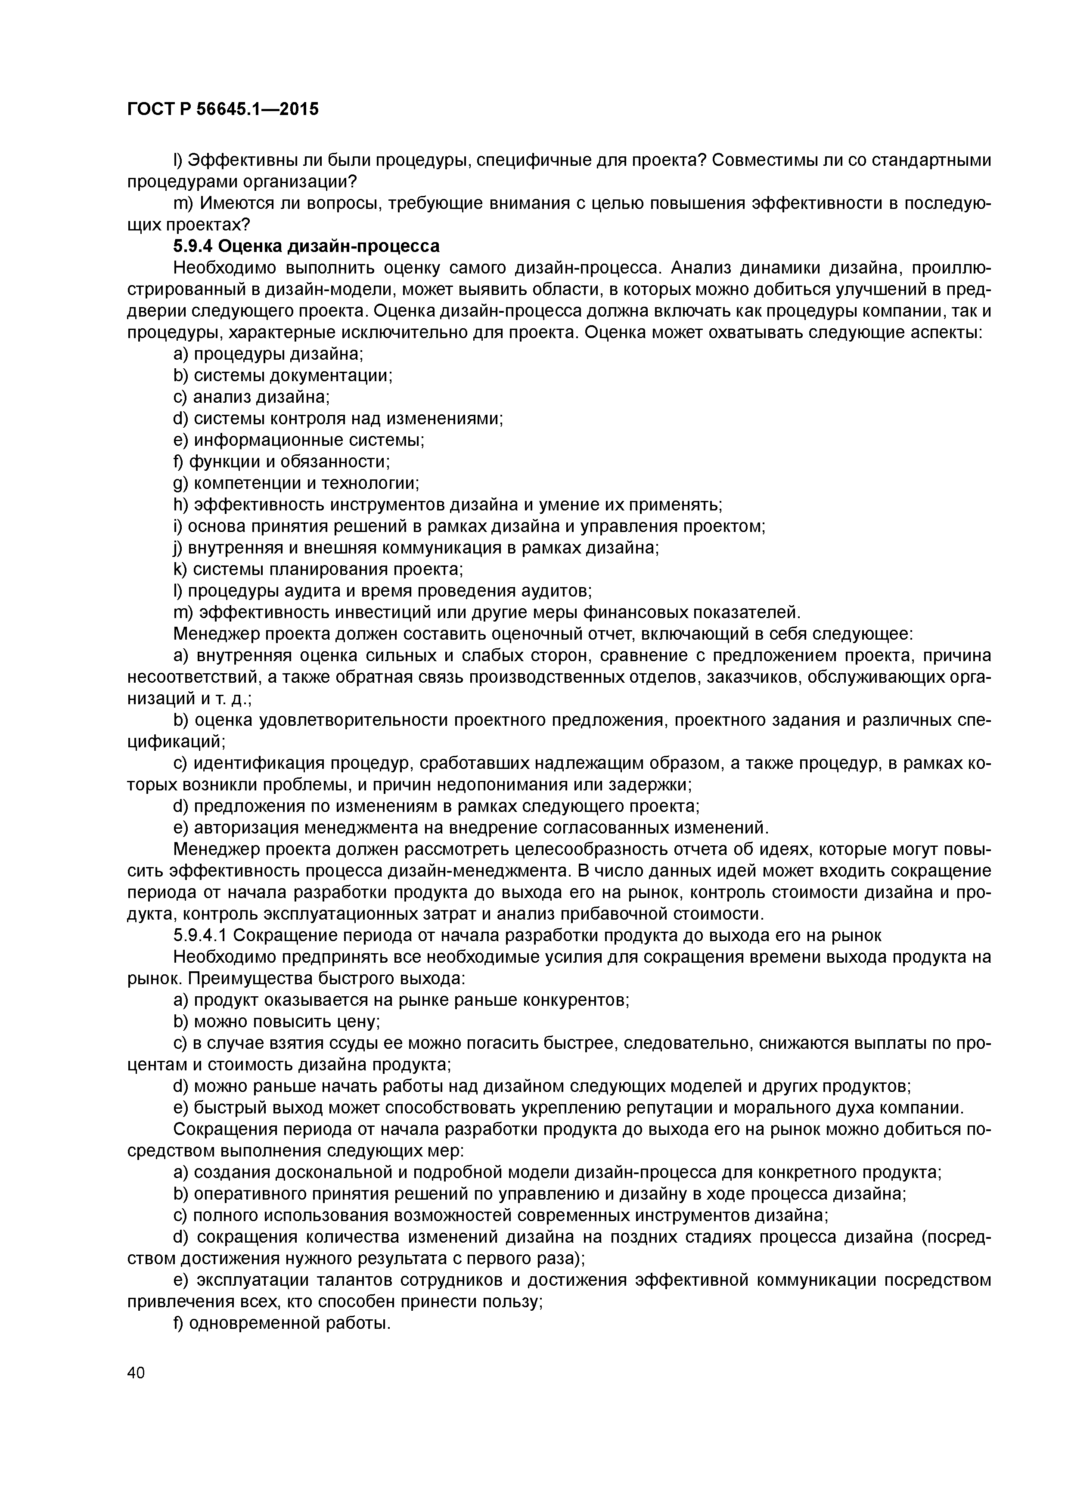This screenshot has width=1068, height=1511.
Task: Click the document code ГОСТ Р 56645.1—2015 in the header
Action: pyautogui.click(x=222, y=109)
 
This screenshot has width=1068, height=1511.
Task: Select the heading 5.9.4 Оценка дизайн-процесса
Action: pyautogui.click(x=306, y=246)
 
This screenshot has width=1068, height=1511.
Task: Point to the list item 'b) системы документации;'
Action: pyautogui.click(x=283, y=376)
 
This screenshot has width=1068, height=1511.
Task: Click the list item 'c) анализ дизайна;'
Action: pyautogui.click(x=251, y=397)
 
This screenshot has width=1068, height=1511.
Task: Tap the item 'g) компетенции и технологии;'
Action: pyautogui.click(x=296, y=483)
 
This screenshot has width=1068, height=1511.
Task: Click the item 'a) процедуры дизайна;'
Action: pyautogui.click(x=268, y=354)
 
